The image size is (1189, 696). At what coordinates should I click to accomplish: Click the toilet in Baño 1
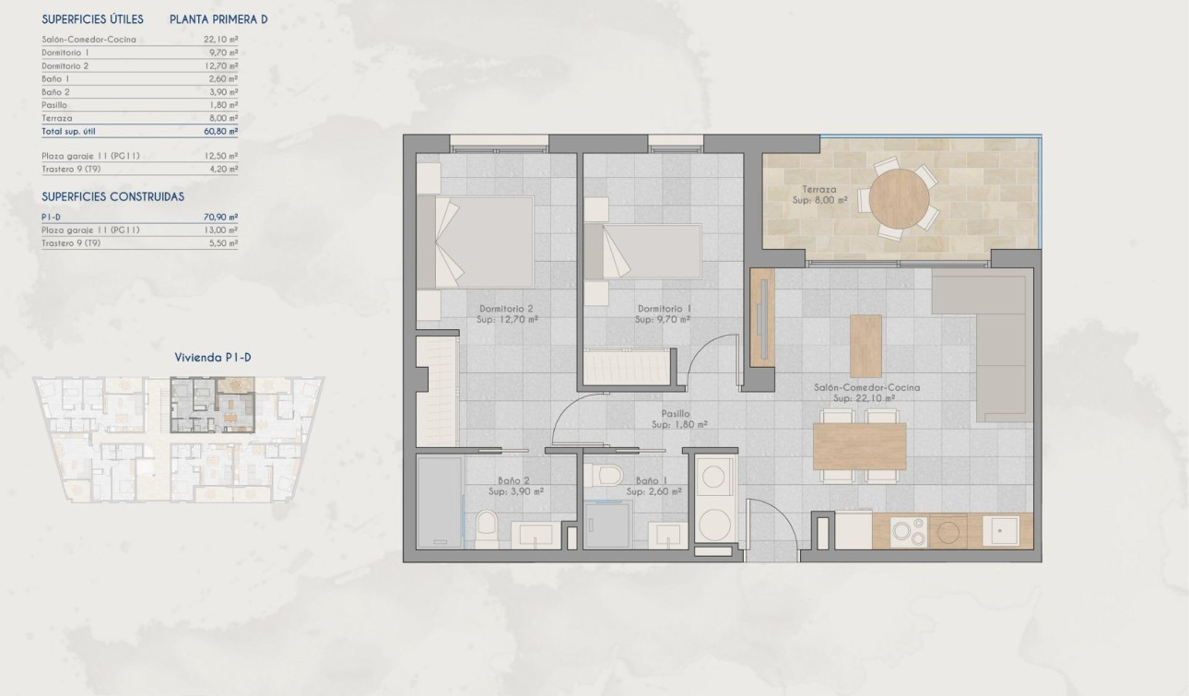pyautogui.click(x=607, y=477)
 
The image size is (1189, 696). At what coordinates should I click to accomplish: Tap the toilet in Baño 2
pyautogui.click(x=487, y=528)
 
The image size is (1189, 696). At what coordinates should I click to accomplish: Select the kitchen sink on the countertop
pyautogui.click(x=1000, y=530)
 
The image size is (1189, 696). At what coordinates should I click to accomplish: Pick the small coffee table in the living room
pyautogui.click(x=865, y=346)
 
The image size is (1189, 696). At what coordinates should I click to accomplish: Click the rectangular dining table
pyautogui.click(x=859, y=447)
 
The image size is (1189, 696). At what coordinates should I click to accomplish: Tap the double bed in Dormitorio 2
pyautogui.click(x=476, y=242)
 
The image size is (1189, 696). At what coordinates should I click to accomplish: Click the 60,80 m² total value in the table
pyautogui.click(x=221, y=132)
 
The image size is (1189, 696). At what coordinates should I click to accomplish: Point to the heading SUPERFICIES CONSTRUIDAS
pyautogui.click(x=113, y=196)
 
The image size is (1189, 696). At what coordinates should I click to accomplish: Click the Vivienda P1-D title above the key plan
pyautogui.click(x=214, y=358)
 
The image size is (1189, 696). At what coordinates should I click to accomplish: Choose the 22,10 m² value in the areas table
pyautogui.click(x=221, y=40)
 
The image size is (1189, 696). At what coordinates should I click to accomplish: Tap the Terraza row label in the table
pyautogui.click(x=57, y=119)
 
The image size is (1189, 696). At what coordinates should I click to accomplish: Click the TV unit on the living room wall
pyautogui.click(x=762, y=313)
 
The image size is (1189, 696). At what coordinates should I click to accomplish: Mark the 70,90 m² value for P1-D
pyautogui.click(x=221, y=217)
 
